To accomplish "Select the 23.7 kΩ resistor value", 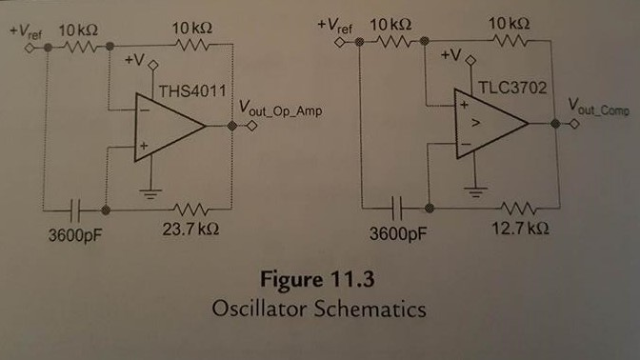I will [x=190, y=229].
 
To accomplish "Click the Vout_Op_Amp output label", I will [x=281, y=112].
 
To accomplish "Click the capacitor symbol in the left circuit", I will [x=79, y=207].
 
